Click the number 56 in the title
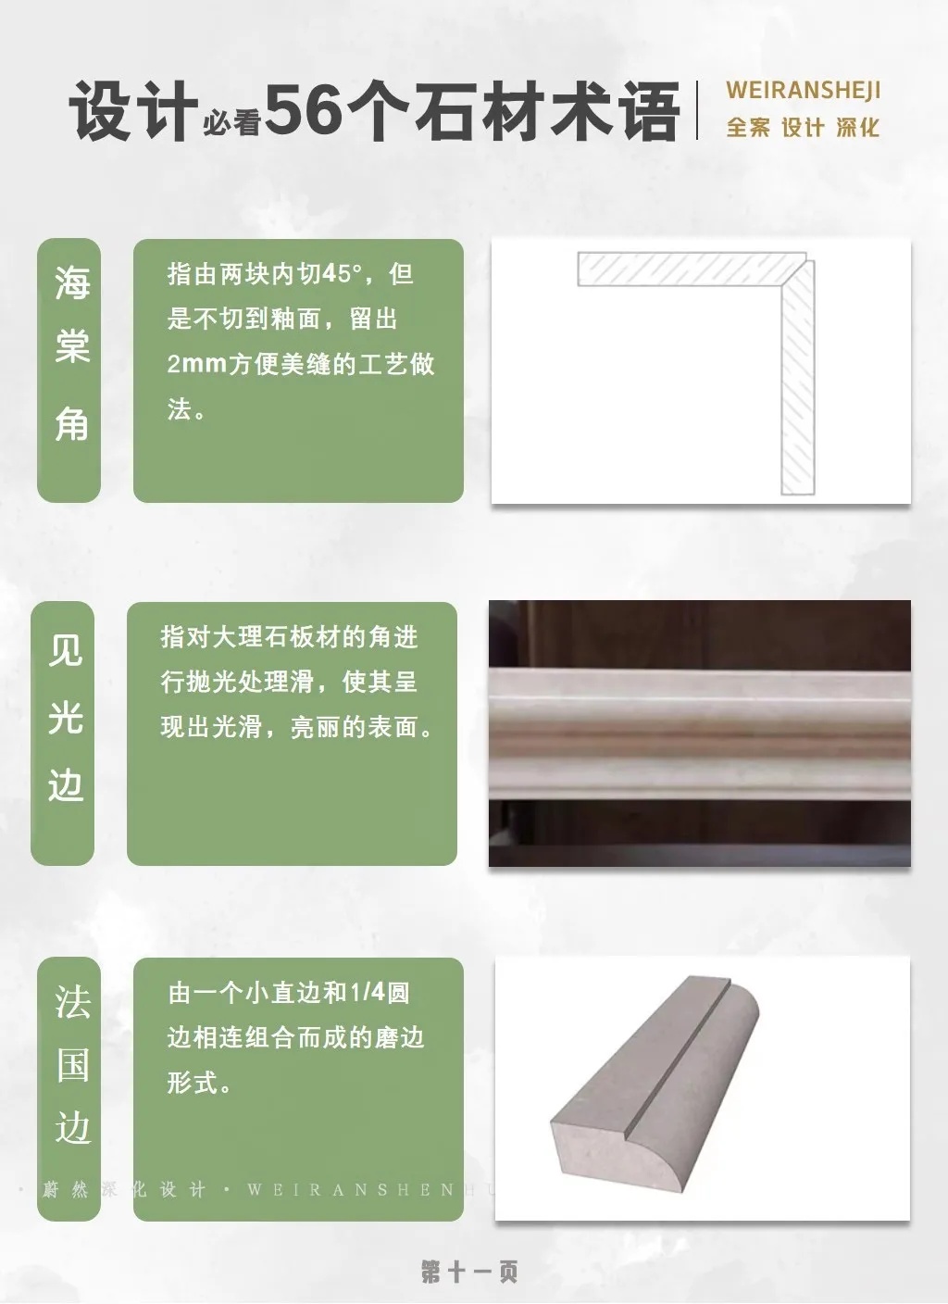tap(306, 110)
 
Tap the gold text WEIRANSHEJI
tap(803, 90)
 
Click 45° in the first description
tap(343, 273)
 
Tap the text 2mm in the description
tap(196, 364)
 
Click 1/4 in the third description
tap(368, 993)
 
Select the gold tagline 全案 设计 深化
tap(803, 127)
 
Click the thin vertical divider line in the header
tap(697, 110)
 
